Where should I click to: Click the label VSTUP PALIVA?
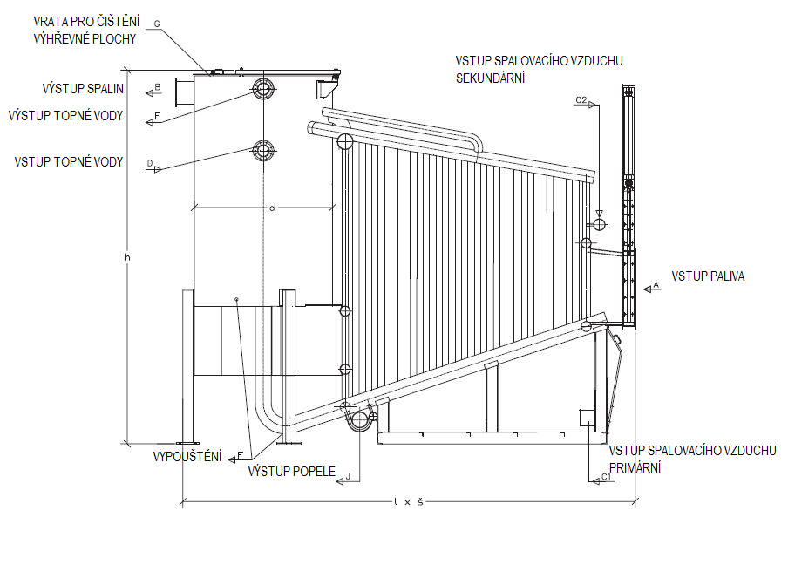coord(708,277)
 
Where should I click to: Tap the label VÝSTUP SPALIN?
coord(83,89)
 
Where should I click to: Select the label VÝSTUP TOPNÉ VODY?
coord(65,116)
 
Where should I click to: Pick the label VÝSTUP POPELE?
coord(292,471)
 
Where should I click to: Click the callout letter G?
coord(156,24)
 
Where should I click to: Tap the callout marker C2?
coord(582,101)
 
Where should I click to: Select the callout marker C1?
coord(606,477)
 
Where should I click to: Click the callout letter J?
coord(348,476)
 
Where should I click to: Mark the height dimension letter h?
coord(127,258)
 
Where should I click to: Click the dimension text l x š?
coord(408,502)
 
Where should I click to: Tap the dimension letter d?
coord(272,208)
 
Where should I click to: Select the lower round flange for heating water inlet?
coord(263,150)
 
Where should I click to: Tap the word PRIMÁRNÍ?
coord(635,468)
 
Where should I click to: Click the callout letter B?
coord(157,86)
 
